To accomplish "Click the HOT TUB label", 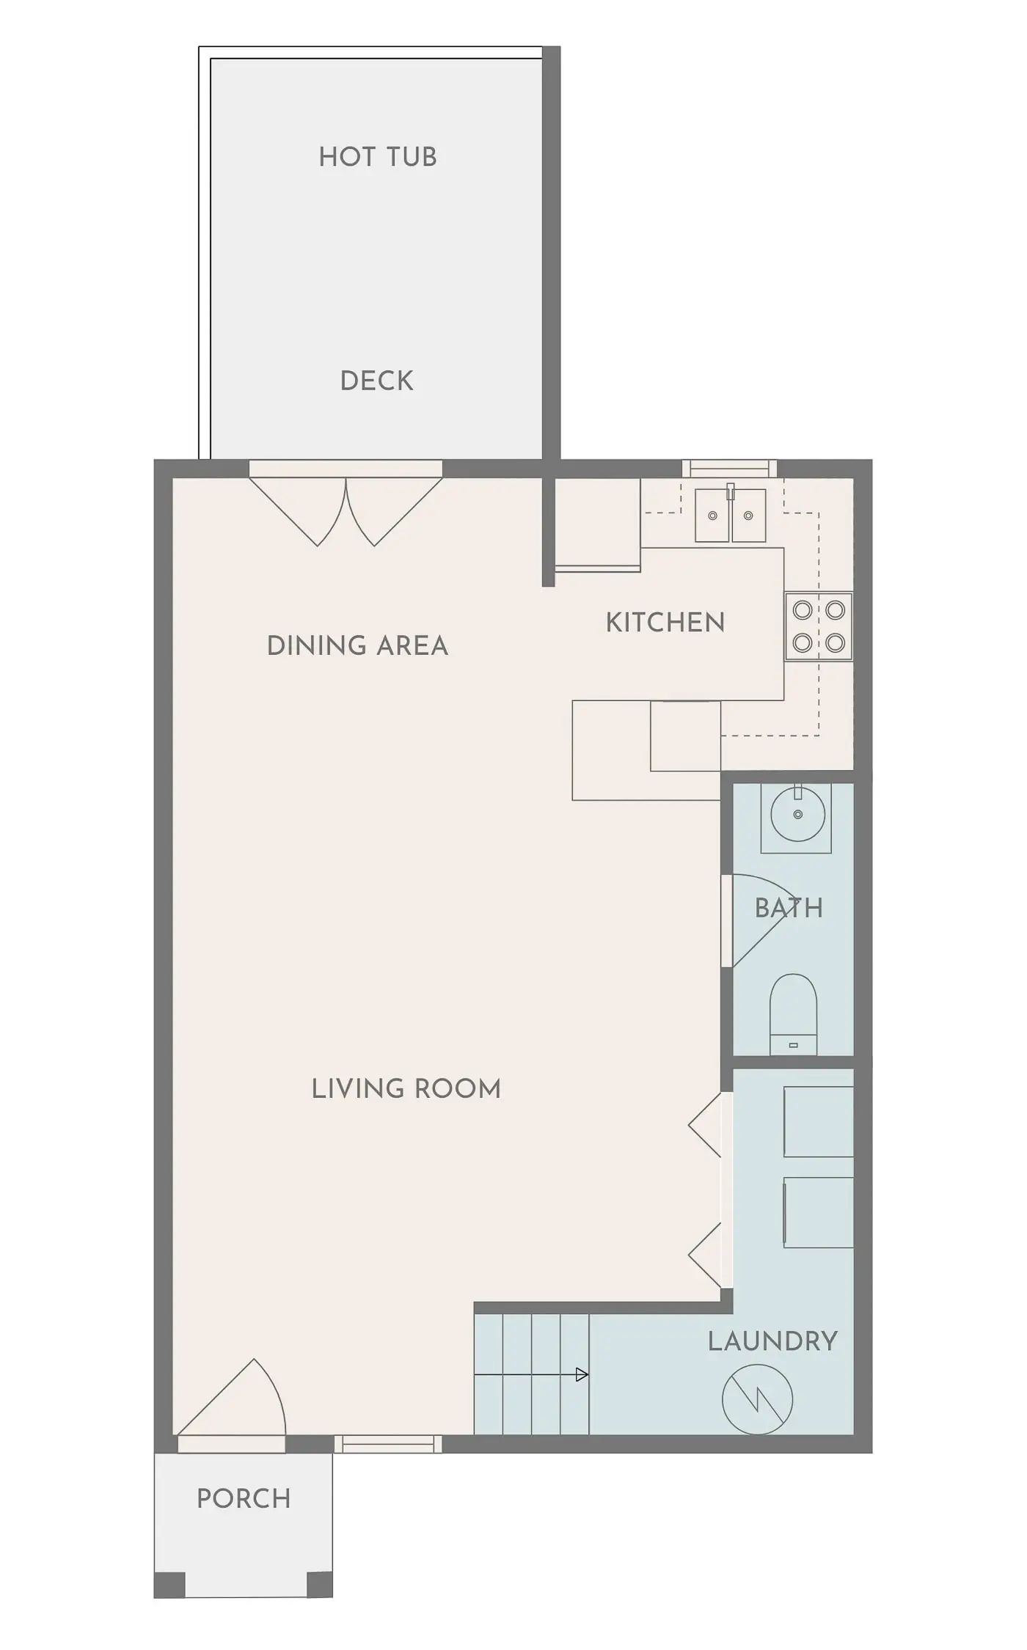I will [x=377, y=157].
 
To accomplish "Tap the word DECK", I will [x=376, y=381].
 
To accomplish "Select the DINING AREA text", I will [x=357, y=646].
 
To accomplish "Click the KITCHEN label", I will [x=665, y=623].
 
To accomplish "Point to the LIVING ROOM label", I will [x=406, y=1088].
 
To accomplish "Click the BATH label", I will [x=789, y=909].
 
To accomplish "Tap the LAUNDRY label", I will [x=772, y=1341].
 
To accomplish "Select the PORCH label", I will [x=244, y=1498].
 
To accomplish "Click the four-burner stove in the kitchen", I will [x=819, y=626].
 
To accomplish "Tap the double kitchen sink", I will [x=730, y=516].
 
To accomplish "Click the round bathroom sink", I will [x=797, y=814].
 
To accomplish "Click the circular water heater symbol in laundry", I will [x=757, y=1399].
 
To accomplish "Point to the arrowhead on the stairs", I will [x=582, y=1375].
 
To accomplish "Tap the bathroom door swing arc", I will [x=756, y=917].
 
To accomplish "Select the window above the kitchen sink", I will [x=729, y=468].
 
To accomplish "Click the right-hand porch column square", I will [x=319, y=1584].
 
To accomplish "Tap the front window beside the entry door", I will [x=388, y=1444].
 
